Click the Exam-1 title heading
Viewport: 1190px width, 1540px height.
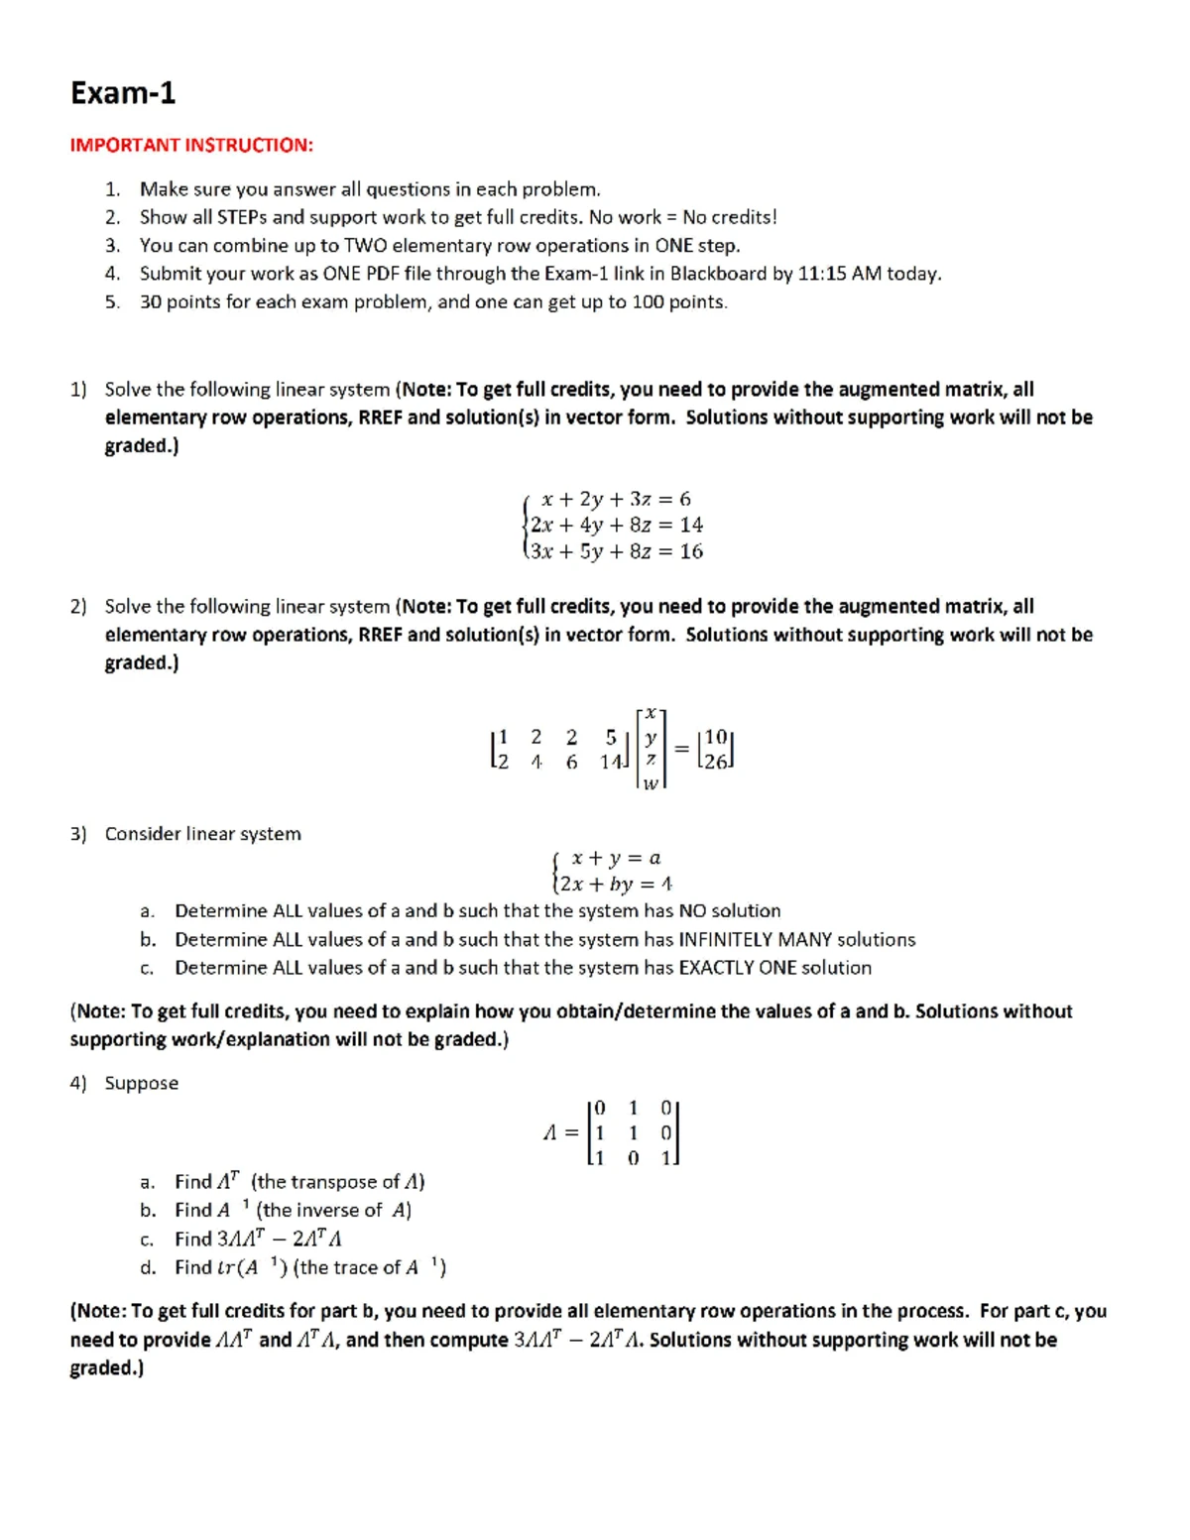tap(123, 93)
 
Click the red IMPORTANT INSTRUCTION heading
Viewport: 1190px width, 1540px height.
tap(191, 146)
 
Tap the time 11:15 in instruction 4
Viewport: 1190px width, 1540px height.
tap(822, 274)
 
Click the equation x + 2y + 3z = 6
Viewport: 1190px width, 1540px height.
tap(616, 499)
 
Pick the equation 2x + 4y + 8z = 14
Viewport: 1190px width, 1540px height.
tap(616, 525)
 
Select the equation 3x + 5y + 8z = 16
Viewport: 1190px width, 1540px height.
tap(616, 551)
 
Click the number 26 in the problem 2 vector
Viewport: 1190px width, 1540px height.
tap(715, 762)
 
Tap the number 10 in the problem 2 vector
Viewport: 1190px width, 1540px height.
tap(715, 737)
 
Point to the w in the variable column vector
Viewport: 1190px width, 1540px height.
tap(651, 783)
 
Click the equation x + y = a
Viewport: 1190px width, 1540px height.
tap(616, 858)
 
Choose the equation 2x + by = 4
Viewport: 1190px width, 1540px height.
tap(615, 884)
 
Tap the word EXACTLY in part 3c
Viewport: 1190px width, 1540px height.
tap(716, 968)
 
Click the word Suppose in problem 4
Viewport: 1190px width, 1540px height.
tap(142, 1084)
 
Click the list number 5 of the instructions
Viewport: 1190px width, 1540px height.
tap(112, 302)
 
